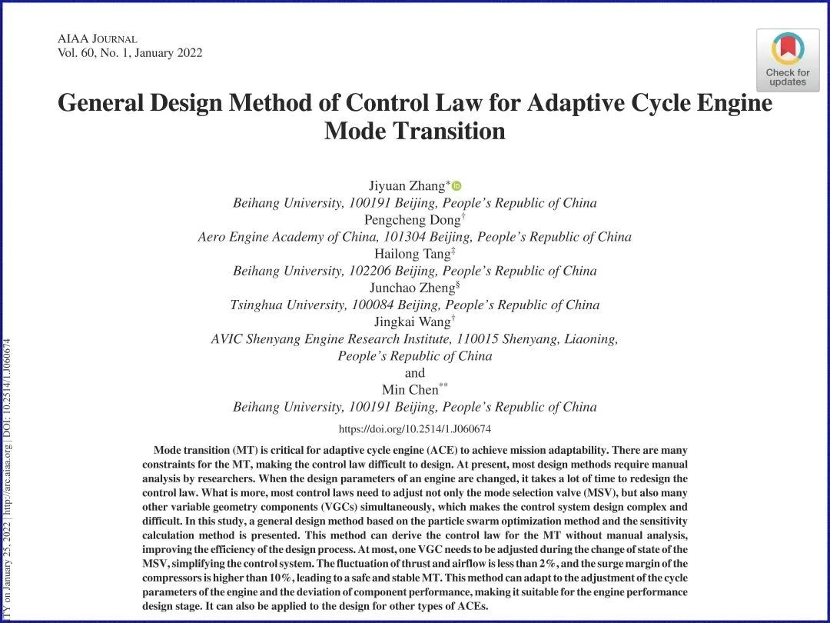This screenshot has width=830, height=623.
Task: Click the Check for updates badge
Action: [x=787, y=60]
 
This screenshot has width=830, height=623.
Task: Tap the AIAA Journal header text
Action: [x=97, y=38]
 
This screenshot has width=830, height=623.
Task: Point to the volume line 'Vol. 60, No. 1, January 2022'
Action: [x=130, y=53]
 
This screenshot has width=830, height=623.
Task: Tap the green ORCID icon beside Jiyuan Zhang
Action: [x=456, y=185]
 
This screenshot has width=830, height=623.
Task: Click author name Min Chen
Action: [x=410, y=389]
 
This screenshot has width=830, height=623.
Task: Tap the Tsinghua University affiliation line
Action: [x=415, y=305]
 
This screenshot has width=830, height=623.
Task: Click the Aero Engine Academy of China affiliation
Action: [x=415, y=237]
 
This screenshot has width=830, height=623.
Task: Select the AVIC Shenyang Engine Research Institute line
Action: [x=415, y=338]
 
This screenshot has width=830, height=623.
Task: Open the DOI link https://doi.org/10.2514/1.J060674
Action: [x=415, y=429]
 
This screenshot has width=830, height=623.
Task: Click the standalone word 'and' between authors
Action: [x=415, y=373]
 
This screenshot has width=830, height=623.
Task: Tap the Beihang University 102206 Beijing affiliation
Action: [x=415, y=271]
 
